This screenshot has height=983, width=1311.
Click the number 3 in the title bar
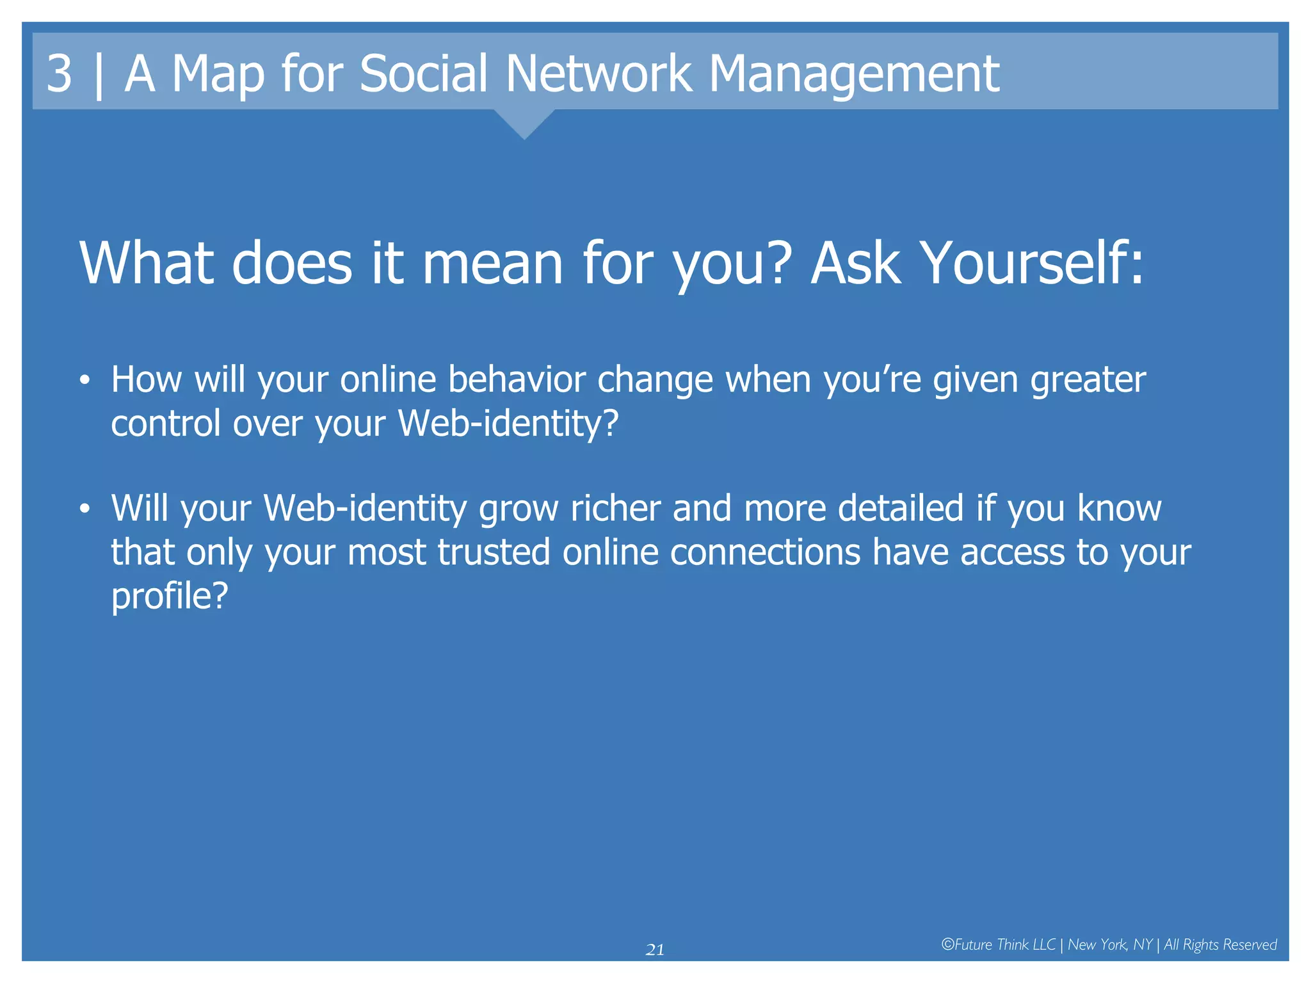[59, 74]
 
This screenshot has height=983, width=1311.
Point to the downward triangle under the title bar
[524, 124]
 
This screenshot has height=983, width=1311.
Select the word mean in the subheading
[492, 264]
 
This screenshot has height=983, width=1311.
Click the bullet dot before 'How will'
[84, 380]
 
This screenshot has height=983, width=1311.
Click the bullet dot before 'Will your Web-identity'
[84, 509]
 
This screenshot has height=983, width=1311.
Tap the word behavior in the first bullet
[517, 380]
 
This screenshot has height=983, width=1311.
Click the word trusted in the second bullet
[494, 552]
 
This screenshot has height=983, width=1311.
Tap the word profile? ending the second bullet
[170, 597]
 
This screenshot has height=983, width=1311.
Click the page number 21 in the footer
[655, 950]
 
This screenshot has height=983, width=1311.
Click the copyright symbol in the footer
[947, 945]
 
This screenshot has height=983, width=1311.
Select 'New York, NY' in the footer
[1110, 945]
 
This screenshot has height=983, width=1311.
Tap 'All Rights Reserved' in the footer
[1220, 945]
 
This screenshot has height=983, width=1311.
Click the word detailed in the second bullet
[901, 508]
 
